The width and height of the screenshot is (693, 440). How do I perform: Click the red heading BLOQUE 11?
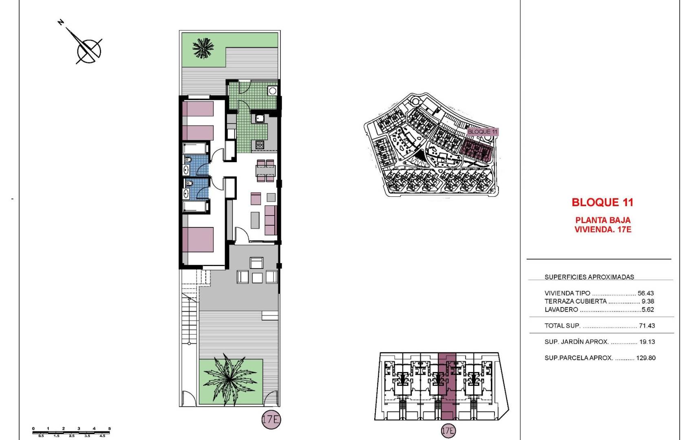click(x=602, y=202)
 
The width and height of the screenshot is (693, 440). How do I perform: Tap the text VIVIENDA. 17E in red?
click(x=603, y=230)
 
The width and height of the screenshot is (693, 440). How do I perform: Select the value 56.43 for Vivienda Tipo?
click(x=645, y=293)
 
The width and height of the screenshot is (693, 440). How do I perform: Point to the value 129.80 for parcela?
click(x=646, y=358)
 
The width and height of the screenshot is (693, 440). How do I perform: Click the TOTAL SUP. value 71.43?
click(x=647, y=326)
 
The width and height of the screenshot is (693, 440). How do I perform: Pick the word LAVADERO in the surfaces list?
click(x=561, y=310)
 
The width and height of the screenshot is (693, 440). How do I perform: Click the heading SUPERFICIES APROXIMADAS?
click(x=589, y=277)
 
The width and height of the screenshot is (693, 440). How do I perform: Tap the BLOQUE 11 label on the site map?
click(x=482, y=132)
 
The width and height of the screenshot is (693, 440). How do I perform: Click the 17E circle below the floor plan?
click(x=271, y=420)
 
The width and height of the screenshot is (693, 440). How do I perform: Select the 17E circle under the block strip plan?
click(x=448, y=431)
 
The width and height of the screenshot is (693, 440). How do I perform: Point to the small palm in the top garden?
click(x=203, y=48)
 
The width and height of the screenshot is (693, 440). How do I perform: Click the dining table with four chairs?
click(x=265, y=170)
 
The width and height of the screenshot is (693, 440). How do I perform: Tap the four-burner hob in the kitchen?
click(x=260, y=144)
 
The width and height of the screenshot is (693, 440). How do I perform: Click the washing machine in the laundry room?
click(x=272, y=91)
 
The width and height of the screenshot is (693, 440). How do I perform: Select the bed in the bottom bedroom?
click(x=198, y=240)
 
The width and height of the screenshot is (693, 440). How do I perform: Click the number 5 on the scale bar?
click(x=109, y=429)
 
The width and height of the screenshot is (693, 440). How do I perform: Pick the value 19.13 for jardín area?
click(x=647, y=342)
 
